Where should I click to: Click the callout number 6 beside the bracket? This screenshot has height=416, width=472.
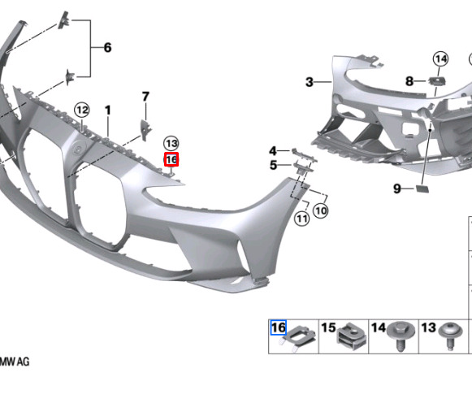[x=107, y=48]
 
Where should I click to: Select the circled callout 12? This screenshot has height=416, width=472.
[x=82, y=110]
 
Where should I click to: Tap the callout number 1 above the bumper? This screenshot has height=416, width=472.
[x=108, y=110]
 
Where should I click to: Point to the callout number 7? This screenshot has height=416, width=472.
[x=145, y=97]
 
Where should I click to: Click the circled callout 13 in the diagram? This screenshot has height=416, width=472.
[x=171, y=144]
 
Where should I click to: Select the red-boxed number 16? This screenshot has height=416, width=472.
[x=171, y=159]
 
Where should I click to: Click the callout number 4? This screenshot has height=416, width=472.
[x=273, y=151]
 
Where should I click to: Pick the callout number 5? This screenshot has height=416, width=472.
[x=273, y=165]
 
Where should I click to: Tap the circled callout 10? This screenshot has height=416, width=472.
[x=321, y=210]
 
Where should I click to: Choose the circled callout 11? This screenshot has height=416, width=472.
[x=302, y=219]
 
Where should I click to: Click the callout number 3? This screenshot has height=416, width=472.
[x=310, y=82]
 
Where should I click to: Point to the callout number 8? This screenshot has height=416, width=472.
[x=409, y=81]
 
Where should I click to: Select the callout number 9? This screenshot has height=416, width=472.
[x=397, y=188]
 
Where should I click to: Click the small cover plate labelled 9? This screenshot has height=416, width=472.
[x=422, y=189]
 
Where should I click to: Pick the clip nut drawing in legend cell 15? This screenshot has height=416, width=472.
[x=351, y=336]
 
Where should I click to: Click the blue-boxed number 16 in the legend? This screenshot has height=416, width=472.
[x=279, y=327]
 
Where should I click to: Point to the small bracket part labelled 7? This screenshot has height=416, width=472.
[x=146, y=130]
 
